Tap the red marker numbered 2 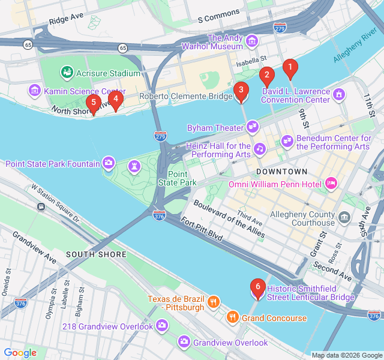click(266, 77)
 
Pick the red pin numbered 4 click(116, 100)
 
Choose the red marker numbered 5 click(93, 104)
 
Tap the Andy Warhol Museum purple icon click(252, 41)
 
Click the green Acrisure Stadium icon click(67, 73)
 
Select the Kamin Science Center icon click(34, 91)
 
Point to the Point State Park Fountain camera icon click(109, 162)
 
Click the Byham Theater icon click(253, 127)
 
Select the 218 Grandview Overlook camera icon click(161, 326)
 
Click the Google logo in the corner click(20, 353)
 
